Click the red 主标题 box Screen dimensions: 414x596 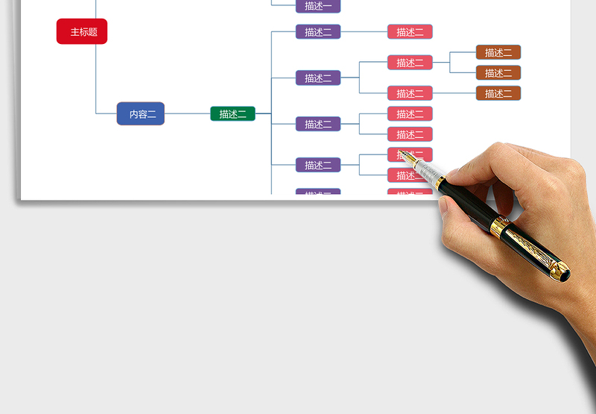click(x=82, y=31)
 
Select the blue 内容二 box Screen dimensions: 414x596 click(x=141, y=113)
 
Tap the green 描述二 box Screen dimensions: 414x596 click(x=232, y=113)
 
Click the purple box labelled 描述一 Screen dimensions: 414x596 click(x=318, y=6)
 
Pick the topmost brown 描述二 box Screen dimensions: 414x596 click(x=498, y=52)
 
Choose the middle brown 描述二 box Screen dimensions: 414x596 click(x=498, y=73)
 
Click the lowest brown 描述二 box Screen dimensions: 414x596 click(x=498, y=93)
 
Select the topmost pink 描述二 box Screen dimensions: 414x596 click(x=410, y=32)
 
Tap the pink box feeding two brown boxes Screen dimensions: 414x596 click(x=410, y=63)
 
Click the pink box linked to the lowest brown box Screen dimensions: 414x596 click(x=410, y=93)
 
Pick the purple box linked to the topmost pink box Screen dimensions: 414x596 click(x=318, y=32)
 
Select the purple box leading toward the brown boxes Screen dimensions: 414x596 click(x=318, y=78)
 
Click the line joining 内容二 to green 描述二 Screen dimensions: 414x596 click(x=188, y=113)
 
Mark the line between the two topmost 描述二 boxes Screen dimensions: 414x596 click(x=364, y=32)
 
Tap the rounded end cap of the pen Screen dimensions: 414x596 click(x=565, y=272)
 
